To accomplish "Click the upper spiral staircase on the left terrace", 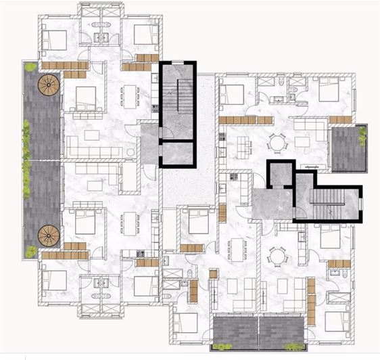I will point(49,85).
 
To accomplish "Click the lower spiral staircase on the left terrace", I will point(49,235).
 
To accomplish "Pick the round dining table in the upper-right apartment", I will point(277,143).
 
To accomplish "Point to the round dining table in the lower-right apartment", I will point(277,256).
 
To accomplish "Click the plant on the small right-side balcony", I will point(363,136).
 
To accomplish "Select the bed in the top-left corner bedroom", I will point(55,39).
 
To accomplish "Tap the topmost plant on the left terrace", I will point(30,67).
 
